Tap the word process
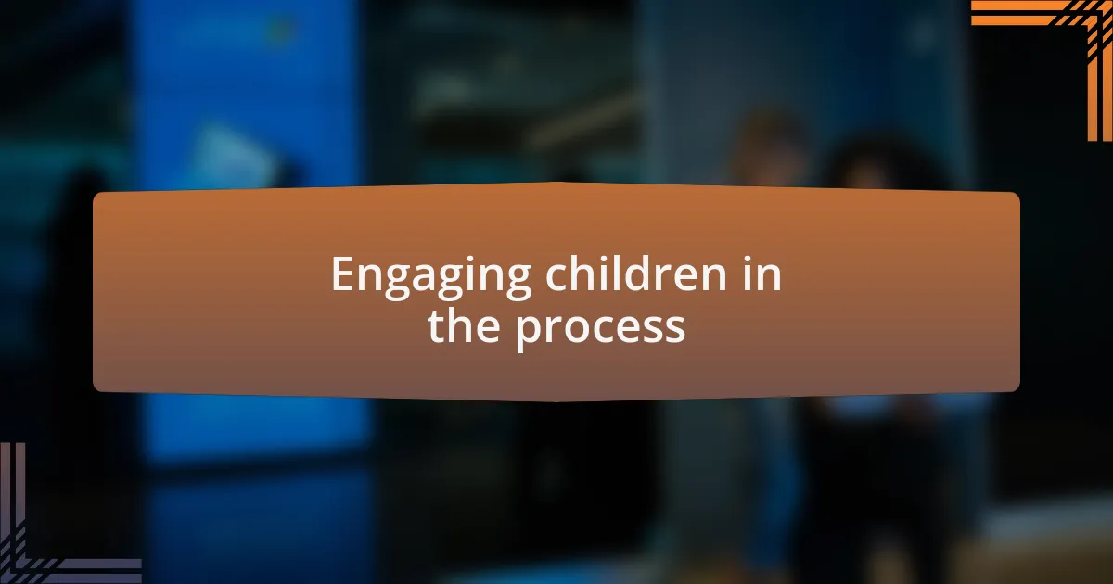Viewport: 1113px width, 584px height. coord(600,326)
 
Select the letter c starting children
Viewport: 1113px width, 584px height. coord(556,276)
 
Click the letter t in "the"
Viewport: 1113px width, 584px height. coord(436,326)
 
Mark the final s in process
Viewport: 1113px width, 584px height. coord(675,328)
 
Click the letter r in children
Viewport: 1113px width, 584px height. coord(660,276)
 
